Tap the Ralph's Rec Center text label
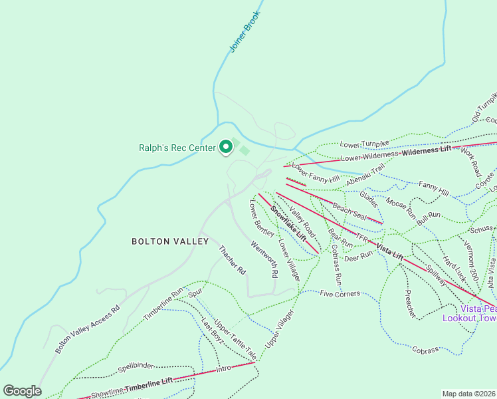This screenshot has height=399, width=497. coord(177,148)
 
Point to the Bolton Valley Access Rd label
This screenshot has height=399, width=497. coord(87,329)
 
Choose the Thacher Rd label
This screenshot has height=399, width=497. coord(233,260)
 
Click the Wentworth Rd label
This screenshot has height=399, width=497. coord(264,259)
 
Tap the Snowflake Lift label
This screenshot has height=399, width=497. coord(288,223)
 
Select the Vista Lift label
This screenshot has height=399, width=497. coord(389,251)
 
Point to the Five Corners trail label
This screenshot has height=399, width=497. coord(340,293)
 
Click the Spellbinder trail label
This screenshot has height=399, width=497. coord(136,366)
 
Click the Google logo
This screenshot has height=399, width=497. coord(22,391)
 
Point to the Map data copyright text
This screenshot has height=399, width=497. coord(468,393)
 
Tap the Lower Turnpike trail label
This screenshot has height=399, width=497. coord(363,144)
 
